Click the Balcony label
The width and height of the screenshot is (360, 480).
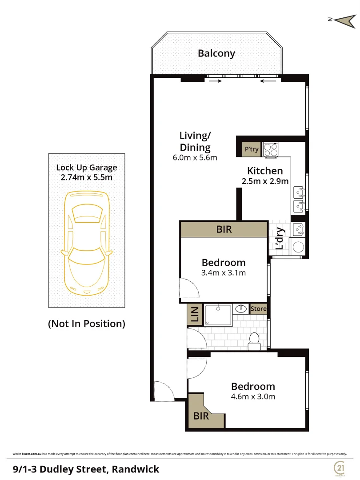216,54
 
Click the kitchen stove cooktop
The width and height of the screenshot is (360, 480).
270,149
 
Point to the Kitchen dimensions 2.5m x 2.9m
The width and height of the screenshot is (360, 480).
265,181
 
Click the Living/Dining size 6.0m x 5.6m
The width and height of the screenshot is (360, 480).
194,157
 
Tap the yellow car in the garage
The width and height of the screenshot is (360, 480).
87,243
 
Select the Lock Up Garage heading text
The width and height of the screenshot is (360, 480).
87,168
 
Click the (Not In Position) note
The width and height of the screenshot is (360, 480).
87,324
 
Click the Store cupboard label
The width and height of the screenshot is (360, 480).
258,309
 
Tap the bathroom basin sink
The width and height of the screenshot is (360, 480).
241,308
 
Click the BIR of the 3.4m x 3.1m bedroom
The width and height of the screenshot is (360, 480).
224,230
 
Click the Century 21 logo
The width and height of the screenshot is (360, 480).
340,468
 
